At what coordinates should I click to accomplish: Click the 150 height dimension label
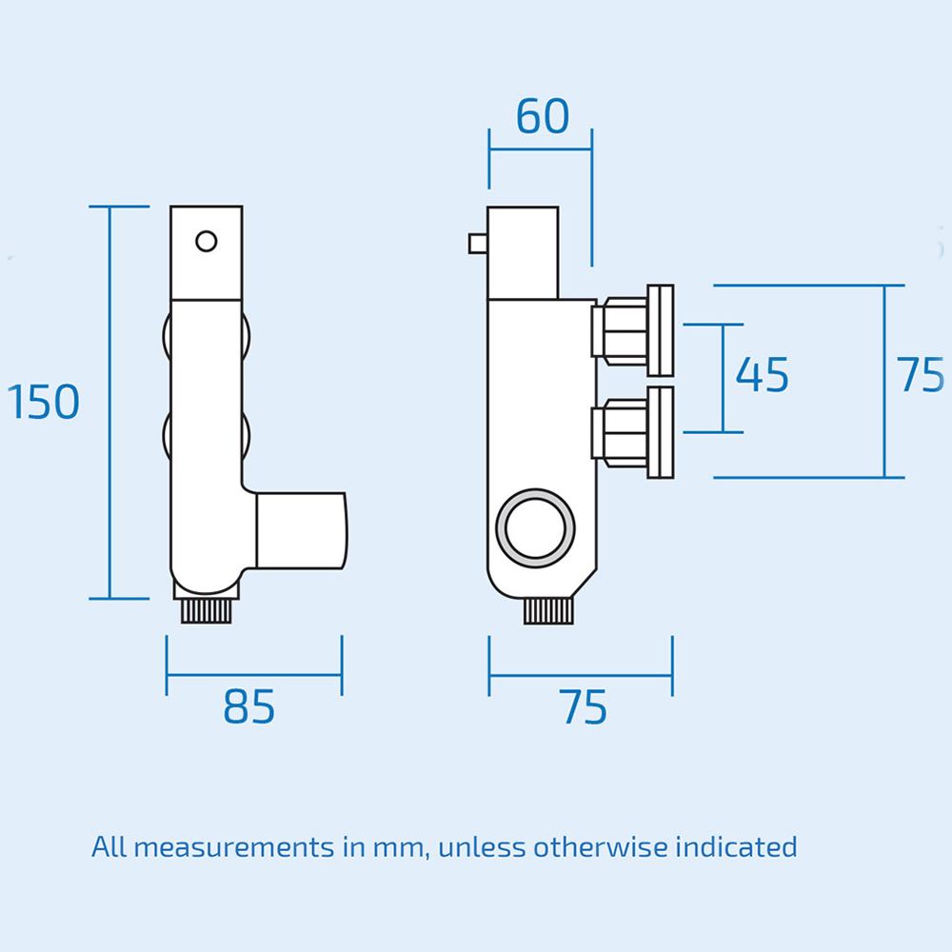tap(44, 402)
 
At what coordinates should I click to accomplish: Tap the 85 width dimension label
tap(249, 706)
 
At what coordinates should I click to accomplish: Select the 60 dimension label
tap(543, 116)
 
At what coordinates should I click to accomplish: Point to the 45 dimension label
tap(763, 375)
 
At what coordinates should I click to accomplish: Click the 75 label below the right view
tap(584, 708)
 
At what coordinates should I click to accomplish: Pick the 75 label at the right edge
tap(921, 375)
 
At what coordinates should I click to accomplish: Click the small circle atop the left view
tap(207, 241)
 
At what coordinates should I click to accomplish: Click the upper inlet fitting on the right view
tap(633, 328)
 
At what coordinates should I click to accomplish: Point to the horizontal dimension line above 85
tap(254, 675)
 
